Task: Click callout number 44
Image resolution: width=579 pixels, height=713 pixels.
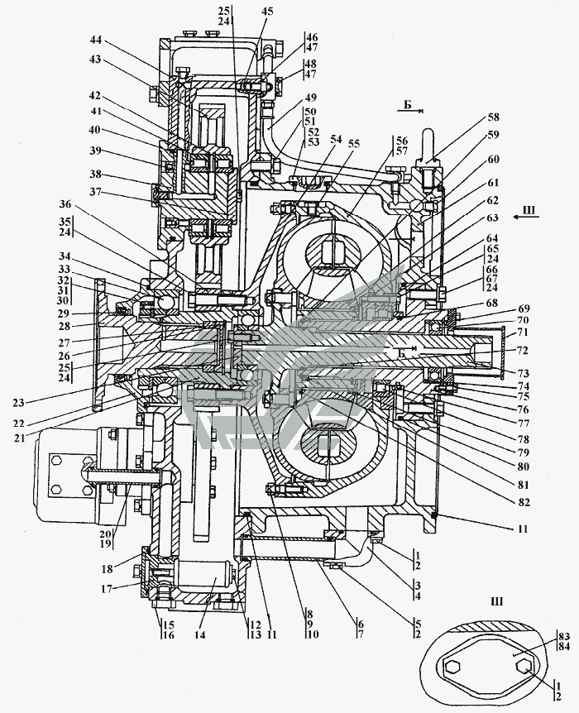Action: coord(95,40)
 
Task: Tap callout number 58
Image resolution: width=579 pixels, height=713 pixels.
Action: coord(493,117)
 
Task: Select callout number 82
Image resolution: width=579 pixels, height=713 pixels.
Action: coord(524,502)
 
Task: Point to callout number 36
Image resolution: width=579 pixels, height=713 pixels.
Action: coord(65,204)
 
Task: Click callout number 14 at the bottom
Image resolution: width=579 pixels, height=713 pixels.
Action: coord(200,634)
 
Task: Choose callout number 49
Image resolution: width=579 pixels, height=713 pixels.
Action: coord(311,98)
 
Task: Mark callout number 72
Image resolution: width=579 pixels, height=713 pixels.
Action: coord(523,351)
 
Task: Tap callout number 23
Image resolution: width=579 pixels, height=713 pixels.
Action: coord(19,402)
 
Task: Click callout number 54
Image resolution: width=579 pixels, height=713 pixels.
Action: coord(336,140)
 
